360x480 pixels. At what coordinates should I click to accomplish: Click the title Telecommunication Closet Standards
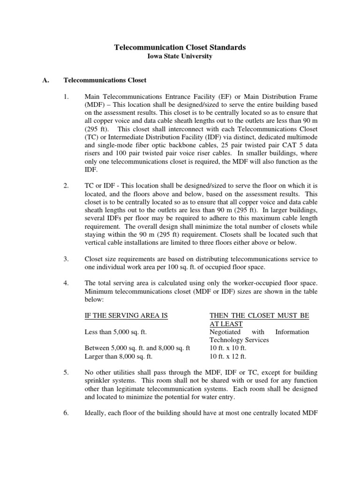(x=180, y=47)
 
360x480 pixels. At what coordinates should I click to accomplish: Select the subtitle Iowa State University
(x=180, y=56)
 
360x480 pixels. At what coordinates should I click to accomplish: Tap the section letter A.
(x=45, y=80)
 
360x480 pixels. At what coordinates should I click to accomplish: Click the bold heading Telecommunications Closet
(x=105, y=80)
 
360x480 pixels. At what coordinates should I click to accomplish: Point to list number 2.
(x=66, y=186)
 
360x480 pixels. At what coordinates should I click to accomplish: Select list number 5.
(x=66, y=372)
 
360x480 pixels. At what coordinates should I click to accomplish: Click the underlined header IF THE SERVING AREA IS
(x=126, y=315)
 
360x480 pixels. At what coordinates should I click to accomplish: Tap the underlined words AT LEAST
(x=226, y=324)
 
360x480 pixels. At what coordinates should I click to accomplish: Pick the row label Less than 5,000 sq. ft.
(x=116, y=332)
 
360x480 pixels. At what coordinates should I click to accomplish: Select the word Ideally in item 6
(x=97, y=413)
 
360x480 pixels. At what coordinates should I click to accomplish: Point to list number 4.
(x=66, y=283)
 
